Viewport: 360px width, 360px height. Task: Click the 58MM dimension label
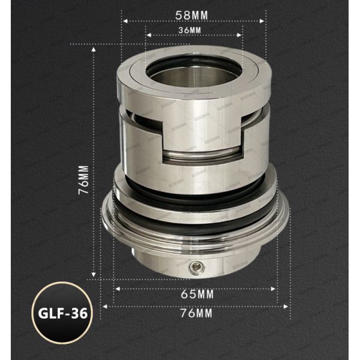(x=193, y=12)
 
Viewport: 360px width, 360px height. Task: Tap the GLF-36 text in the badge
(x=62, y=313)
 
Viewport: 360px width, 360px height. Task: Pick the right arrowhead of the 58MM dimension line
(x=263, y=20)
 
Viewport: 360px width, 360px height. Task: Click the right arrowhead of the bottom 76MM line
(x=288, y=305)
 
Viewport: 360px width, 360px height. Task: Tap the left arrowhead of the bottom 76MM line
(x=103, y=305)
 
